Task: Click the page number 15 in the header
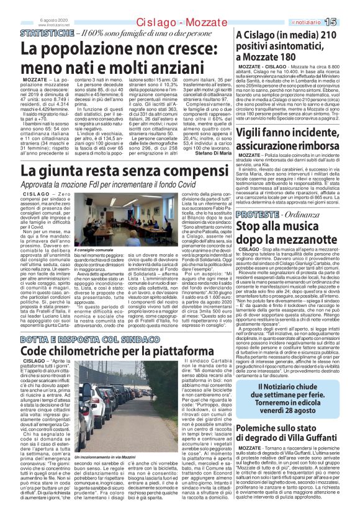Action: [346, 22]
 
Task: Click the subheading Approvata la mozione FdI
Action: [117, 184]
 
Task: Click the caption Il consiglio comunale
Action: [94, 249]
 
